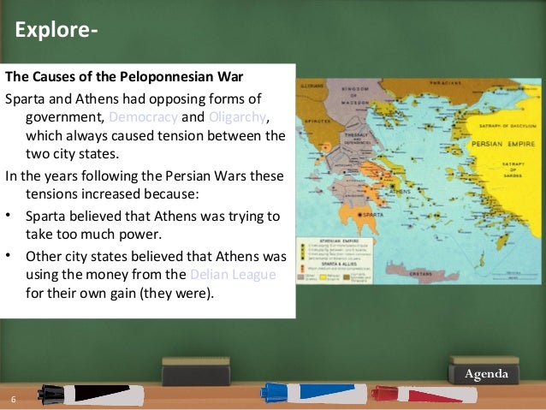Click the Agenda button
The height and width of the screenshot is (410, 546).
point(486,375)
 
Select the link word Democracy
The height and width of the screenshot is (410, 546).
point(142,117)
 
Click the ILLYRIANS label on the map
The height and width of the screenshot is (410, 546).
point(312,86)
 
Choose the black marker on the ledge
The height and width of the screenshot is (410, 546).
point(86,394)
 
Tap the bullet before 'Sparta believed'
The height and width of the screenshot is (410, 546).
point(9,215)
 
